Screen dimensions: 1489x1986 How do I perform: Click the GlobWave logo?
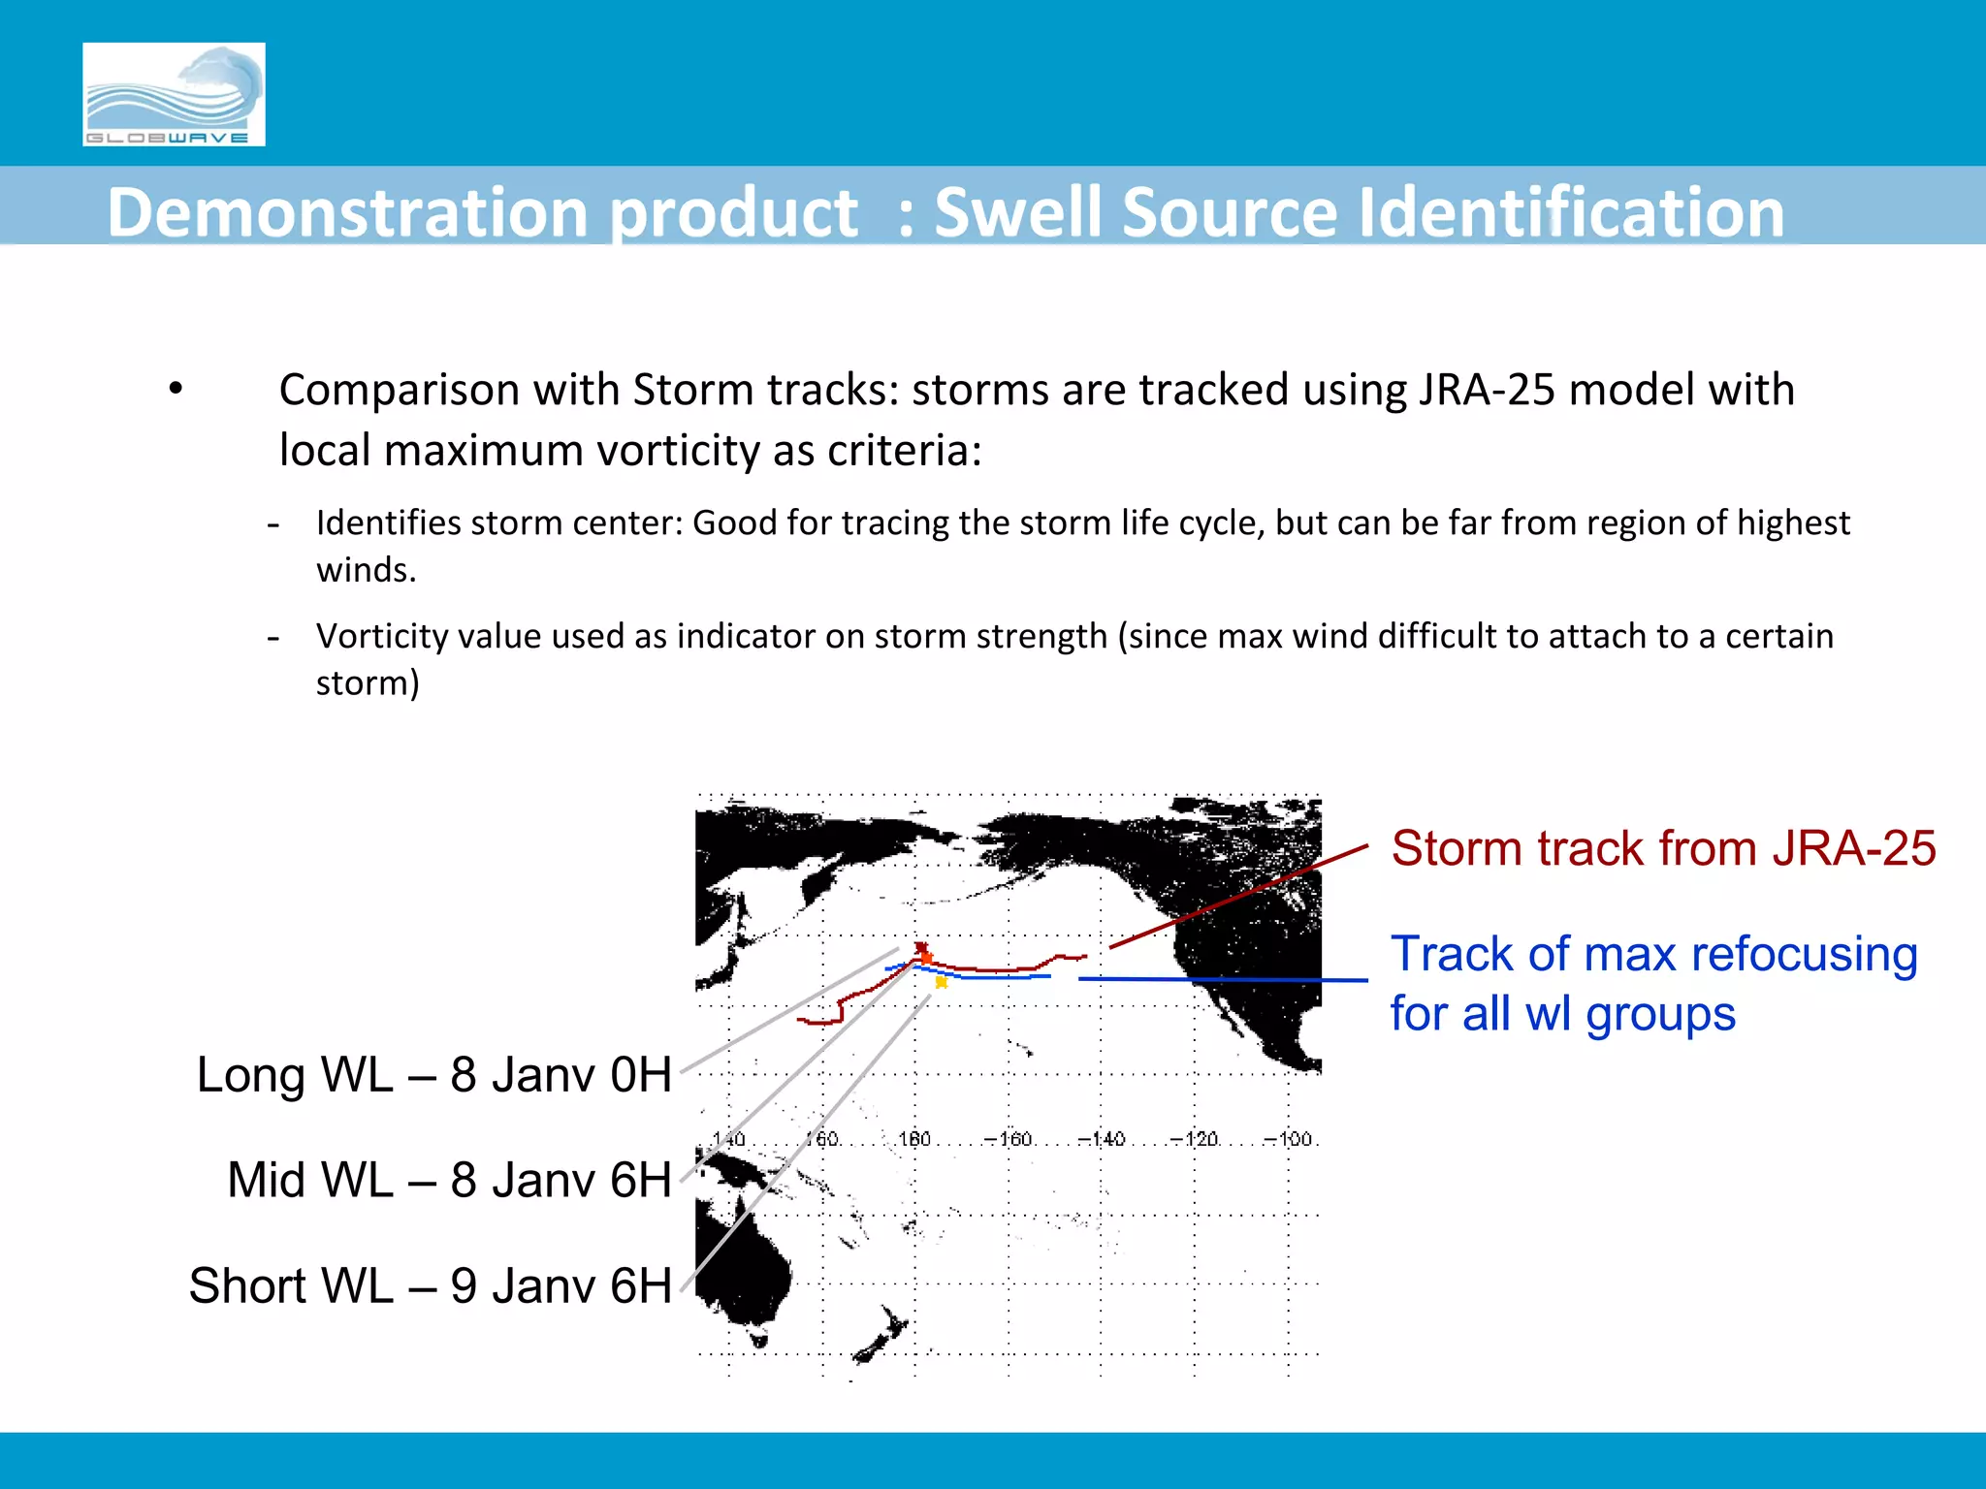pos(174,94)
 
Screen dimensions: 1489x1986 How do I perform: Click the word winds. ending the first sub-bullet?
pos(366,570)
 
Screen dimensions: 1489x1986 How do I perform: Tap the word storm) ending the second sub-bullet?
pos(368,683)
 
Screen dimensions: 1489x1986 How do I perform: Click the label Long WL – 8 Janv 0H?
pos(433,1075)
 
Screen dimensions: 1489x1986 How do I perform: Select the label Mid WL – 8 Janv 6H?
pos(449,1180)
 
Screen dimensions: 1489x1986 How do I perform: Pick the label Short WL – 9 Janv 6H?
pos(430,1285)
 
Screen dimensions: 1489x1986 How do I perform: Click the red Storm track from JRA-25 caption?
pos(1662,848)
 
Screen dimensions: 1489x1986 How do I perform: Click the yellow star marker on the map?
pos(941,982)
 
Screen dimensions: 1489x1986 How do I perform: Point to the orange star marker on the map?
pos(927,958)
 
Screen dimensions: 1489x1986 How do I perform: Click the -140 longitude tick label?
pos(1102,1139)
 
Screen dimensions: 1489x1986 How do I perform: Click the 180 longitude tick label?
pos(914,1139)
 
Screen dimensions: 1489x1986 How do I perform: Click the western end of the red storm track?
pos(801,1021)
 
